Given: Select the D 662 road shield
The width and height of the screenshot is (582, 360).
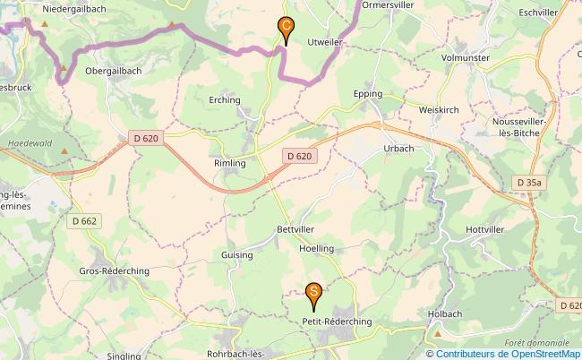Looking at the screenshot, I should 83,220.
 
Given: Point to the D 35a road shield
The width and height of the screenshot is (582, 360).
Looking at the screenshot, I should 529,183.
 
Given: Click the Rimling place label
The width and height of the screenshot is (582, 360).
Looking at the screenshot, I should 229,163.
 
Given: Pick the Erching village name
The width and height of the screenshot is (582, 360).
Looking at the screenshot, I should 225,100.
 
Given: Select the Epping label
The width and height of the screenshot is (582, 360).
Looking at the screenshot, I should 368,93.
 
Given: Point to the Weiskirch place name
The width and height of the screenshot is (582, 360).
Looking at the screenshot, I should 439,109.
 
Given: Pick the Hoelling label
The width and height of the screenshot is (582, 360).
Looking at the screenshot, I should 316,248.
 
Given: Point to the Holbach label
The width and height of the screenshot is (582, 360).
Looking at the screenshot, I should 445,313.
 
